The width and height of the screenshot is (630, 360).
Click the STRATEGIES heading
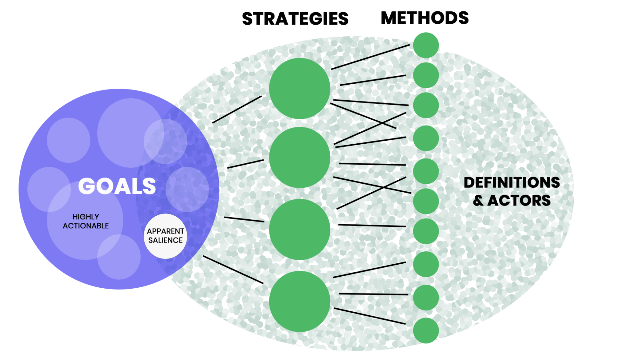295,19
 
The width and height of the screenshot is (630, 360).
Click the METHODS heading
425,18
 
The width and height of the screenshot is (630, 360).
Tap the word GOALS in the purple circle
117,186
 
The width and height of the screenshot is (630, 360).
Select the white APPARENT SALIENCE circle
165,236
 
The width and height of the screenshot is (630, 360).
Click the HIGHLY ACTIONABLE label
86,221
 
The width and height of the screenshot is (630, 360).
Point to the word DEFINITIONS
512,182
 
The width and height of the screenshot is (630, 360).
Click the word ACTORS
519,201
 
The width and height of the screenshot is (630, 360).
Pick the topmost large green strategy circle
300,88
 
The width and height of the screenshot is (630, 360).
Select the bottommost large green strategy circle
300,301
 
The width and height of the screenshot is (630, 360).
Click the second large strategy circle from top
300,158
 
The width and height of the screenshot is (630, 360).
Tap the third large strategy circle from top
300,229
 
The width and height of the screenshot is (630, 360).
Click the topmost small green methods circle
426,45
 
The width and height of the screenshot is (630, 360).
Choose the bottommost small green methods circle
426,330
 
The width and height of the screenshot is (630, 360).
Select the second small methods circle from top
426,75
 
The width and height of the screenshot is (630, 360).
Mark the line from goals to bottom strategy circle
233,270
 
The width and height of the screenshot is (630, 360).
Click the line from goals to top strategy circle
237,110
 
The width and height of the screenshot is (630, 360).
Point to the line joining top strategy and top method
370,57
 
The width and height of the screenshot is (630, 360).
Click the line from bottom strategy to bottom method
370,316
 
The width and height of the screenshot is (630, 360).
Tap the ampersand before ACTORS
478,201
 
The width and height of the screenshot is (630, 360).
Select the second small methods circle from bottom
426,298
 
